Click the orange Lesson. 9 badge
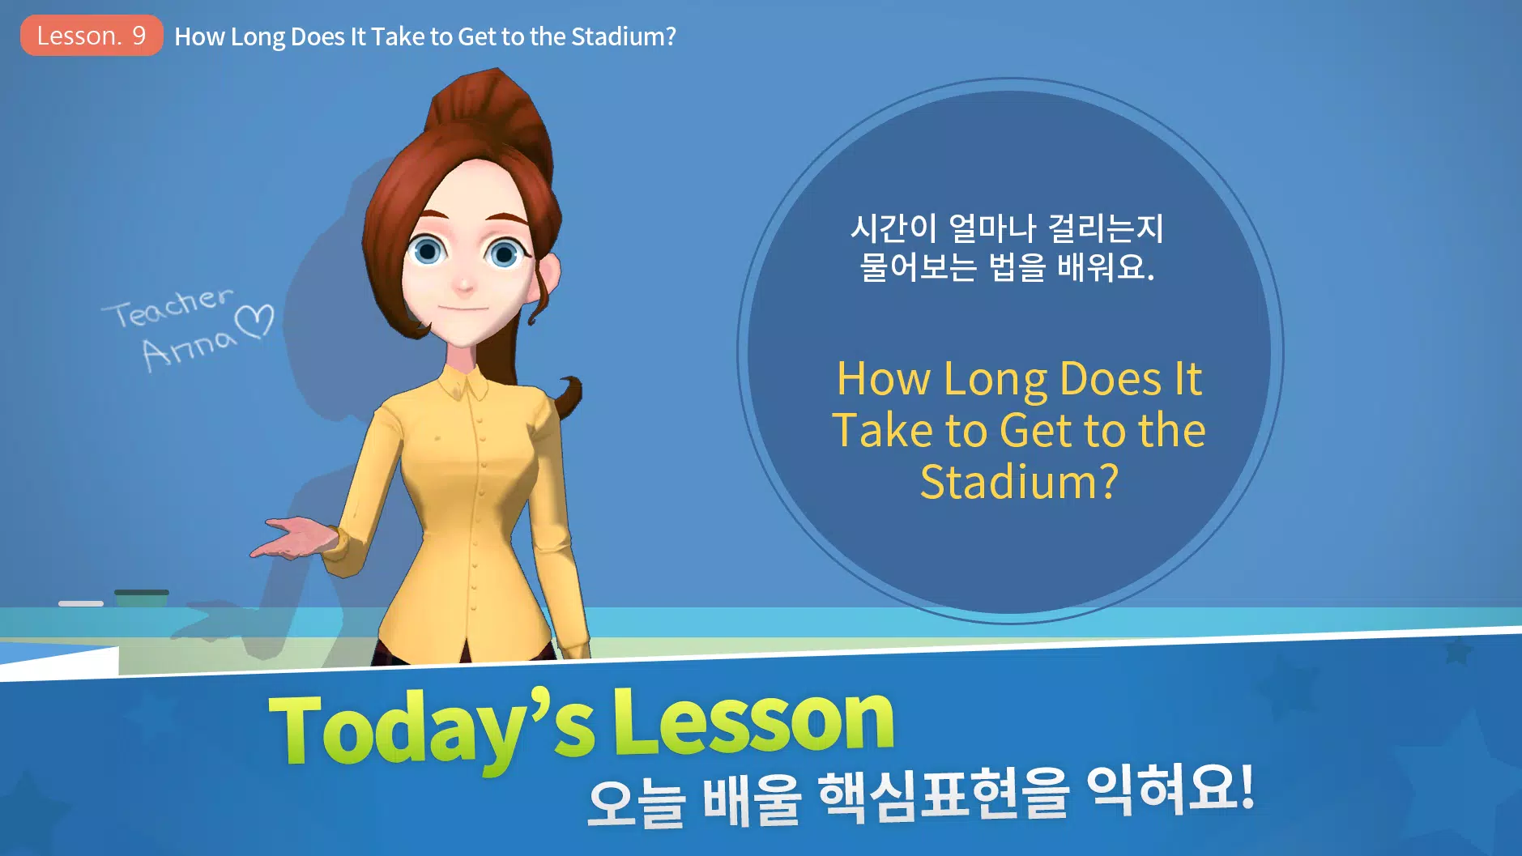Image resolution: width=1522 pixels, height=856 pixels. tap(92, 36)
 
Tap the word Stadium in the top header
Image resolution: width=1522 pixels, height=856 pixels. tap(623, 36)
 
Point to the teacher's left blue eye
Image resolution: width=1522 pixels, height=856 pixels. tap(504, 254)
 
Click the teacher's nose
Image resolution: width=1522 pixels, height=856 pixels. tap(464, 282)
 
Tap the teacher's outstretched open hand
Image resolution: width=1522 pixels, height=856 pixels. tap(292, 538)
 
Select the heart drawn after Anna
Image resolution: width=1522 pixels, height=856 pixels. tap(255, 322)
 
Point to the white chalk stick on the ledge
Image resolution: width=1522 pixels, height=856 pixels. tap(81, 603)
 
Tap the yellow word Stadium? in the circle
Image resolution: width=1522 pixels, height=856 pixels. tap(1020, 482)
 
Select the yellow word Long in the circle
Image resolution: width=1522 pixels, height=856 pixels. tap(995, 380)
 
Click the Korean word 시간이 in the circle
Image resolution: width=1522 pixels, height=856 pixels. tap(893, 228)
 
